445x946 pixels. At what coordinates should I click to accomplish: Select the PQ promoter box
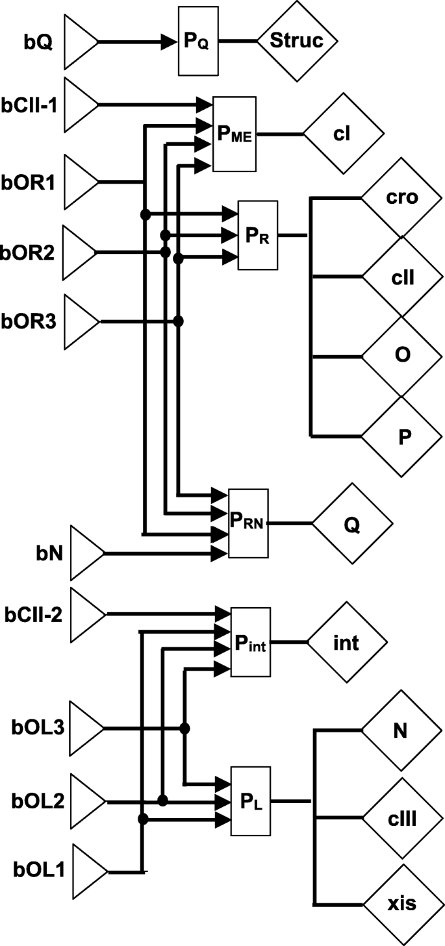[199, 42]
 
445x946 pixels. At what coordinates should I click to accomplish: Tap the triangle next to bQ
[80, 42]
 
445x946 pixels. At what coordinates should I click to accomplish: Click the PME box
[236, 134]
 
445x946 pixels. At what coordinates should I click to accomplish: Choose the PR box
[258, 235]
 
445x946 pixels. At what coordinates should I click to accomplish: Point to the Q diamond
[353, 523]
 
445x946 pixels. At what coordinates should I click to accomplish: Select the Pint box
[251, 643]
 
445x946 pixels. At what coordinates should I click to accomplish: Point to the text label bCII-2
[33, 614]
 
